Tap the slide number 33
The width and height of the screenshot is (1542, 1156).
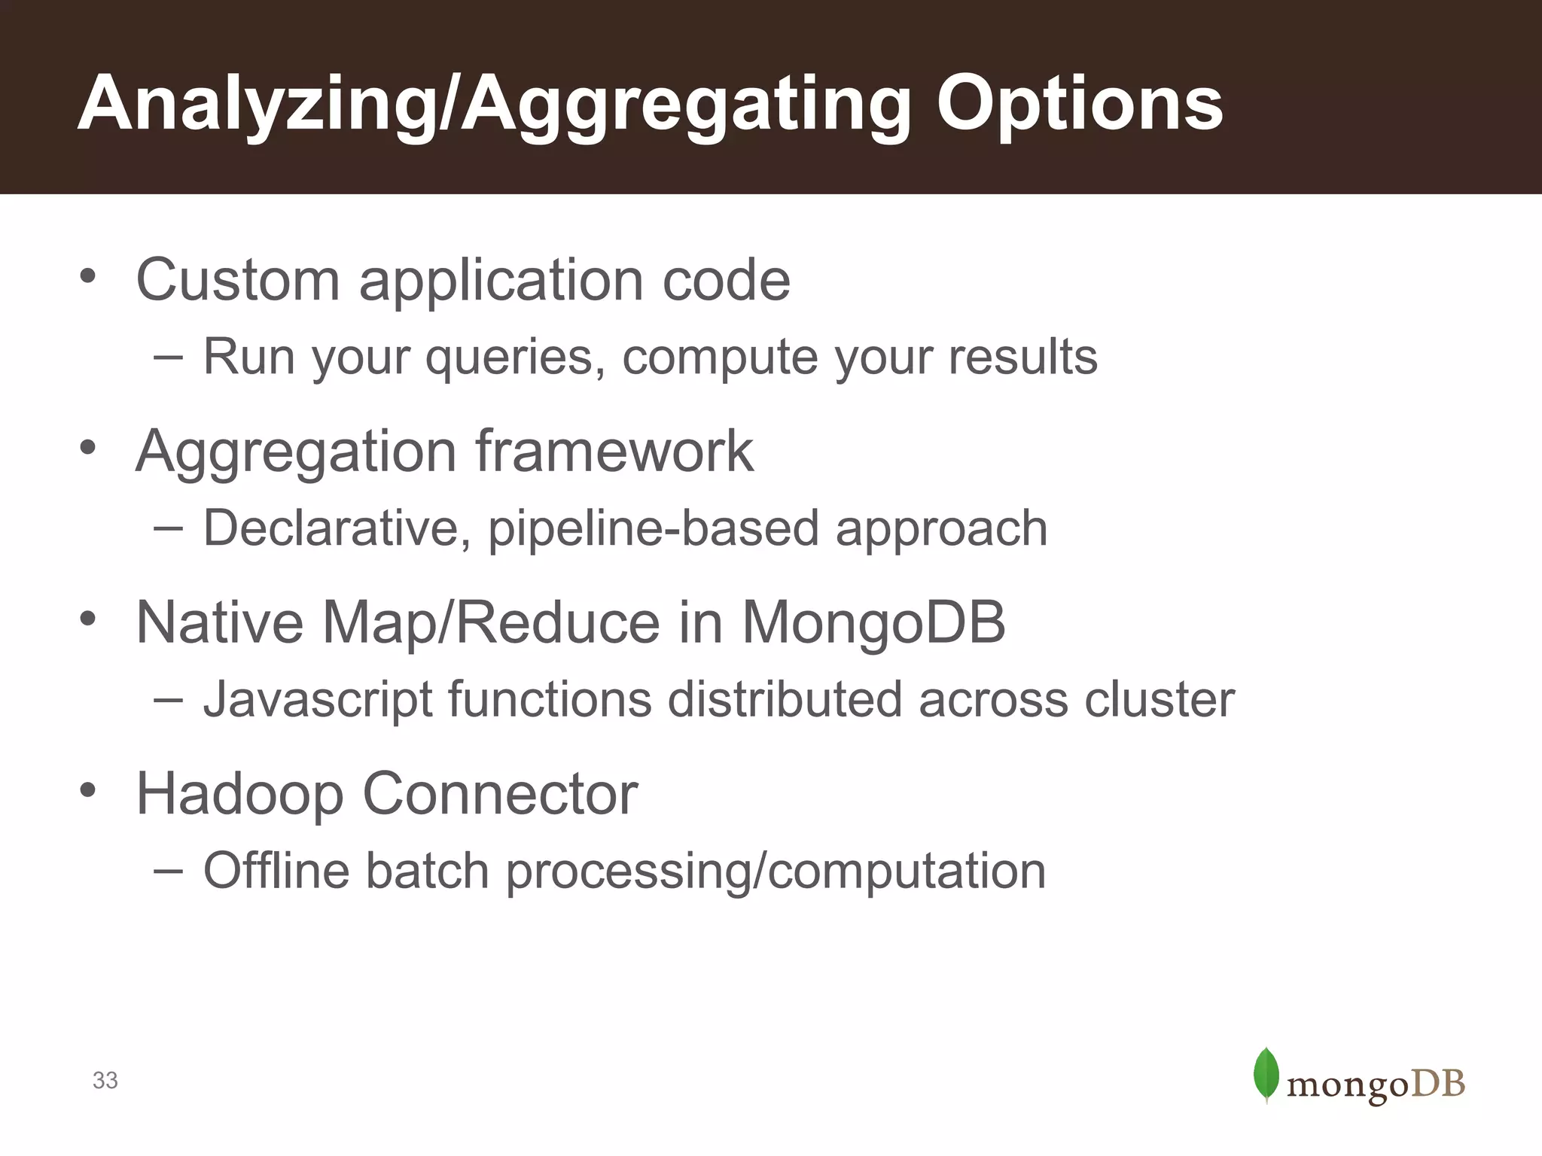(105, 1081)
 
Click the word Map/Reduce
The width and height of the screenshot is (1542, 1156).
(492, 623)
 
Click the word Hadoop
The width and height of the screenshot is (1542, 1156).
(239, 794)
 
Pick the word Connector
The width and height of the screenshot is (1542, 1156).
(500, 794)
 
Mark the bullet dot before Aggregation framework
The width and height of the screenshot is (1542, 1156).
(88, 447)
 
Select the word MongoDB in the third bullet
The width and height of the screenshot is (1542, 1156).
(873, 623)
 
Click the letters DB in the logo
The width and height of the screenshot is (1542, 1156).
(1437, 1084)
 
